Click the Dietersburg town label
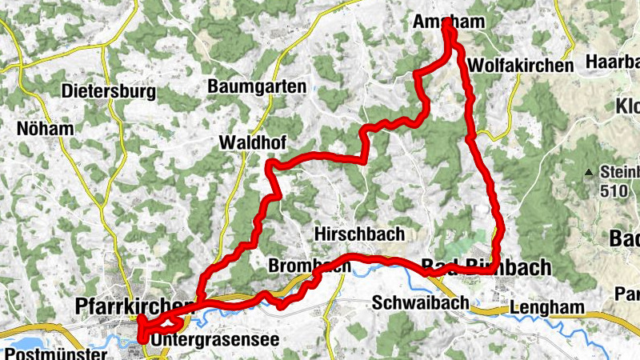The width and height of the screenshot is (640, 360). point(110,92)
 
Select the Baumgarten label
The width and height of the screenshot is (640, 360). point(256,86)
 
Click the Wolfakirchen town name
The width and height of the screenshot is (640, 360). point(522,66)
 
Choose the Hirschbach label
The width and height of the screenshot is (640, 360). point(360,234)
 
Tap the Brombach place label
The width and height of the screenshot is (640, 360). point(309,265)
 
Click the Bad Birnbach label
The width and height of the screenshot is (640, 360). point(486,266)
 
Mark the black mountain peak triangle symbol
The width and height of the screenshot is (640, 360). point(590,171)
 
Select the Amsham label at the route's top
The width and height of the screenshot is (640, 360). point(448,24)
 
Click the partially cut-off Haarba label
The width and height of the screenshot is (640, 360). point(612,62)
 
